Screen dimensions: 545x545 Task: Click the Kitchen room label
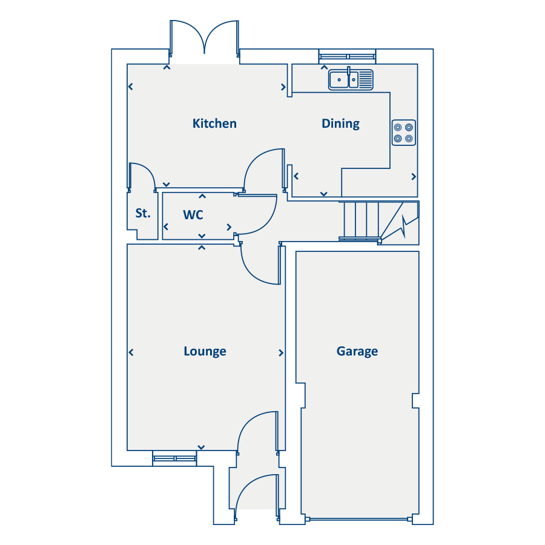(214, 124)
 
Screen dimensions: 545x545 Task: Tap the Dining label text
(340, 124)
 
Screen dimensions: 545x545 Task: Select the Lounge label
(205, 351)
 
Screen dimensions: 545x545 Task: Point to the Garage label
(357, 351)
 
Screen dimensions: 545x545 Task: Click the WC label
(193, 215)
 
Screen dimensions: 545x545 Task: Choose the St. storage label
(142, 213)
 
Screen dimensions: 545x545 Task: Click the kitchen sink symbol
(351, 79)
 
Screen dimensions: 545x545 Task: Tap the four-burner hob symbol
(403, 133)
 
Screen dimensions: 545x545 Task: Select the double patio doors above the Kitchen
(204, 41)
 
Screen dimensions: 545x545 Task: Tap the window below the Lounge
(174, 458)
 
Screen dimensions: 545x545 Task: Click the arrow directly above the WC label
(202, 196)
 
